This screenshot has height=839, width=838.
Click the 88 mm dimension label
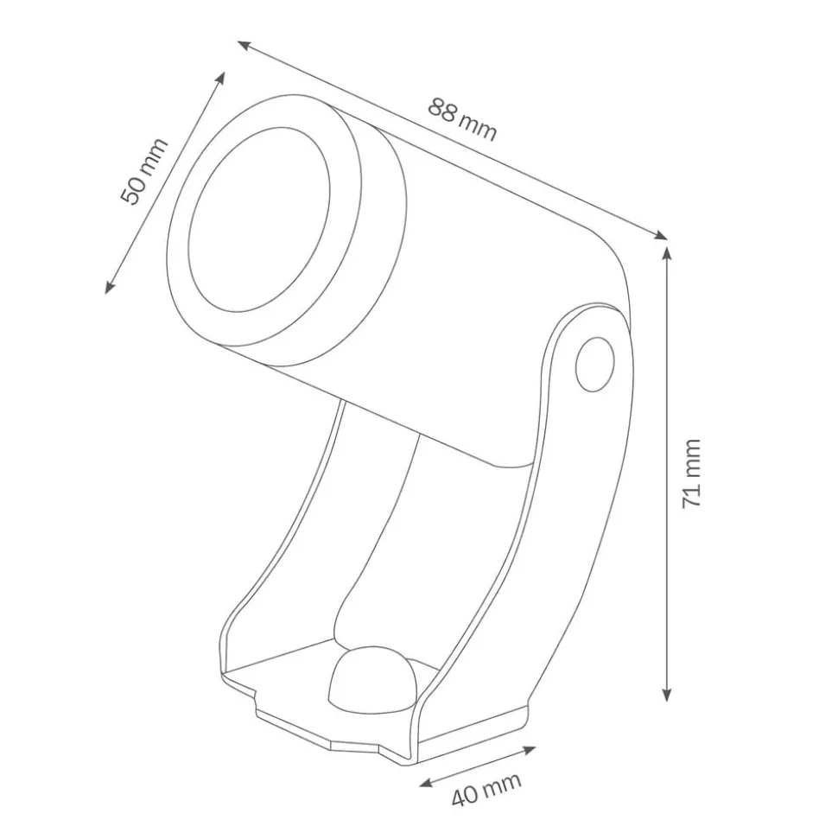point(462,119)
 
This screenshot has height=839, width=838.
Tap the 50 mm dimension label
point(143,171)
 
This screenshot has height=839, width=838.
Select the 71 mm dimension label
point(692,473)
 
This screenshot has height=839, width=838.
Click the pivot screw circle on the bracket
point(595,363)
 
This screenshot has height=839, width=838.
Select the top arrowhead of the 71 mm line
point(666,251)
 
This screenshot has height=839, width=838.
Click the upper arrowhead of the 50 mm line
point(223,77)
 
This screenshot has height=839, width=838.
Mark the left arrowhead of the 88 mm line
point(244,44)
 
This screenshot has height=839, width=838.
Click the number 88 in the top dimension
point(443,111)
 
